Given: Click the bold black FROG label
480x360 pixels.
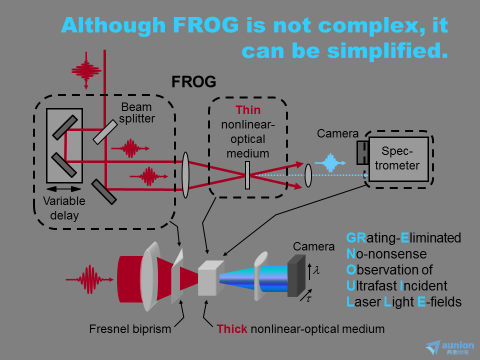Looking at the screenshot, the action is tap(194, 81).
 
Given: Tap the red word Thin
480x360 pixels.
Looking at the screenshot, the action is tap(248, 110).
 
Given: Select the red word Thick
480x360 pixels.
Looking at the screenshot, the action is tap(231, 329).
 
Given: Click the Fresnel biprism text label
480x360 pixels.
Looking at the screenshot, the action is tap(130, 329).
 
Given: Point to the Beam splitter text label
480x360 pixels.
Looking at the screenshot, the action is tap(137, 112).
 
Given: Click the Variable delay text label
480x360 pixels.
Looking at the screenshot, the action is tap(64, 208).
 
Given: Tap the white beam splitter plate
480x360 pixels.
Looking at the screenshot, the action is tap(105, 132).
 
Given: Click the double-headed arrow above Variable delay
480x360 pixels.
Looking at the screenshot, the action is tap(64, 188).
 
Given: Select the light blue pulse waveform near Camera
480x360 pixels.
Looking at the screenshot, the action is tap(330, 163).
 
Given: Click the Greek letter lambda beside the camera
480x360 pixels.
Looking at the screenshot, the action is tap(316, 270).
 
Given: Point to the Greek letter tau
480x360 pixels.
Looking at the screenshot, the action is tap(309, 298).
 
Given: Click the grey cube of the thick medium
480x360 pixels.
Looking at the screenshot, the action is tap(210, 277).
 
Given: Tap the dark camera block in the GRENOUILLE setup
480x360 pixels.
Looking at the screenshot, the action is tap(296, 276).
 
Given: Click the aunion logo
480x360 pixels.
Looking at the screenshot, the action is tap(450, 348).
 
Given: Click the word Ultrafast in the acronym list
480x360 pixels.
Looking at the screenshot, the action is tap(371, 286).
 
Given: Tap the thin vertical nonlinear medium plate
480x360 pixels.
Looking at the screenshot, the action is tap(247, 175).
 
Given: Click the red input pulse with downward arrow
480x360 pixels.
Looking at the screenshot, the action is tap(86, 70).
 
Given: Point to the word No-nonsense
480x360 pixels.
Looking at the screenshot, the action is tap(386, 254).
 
